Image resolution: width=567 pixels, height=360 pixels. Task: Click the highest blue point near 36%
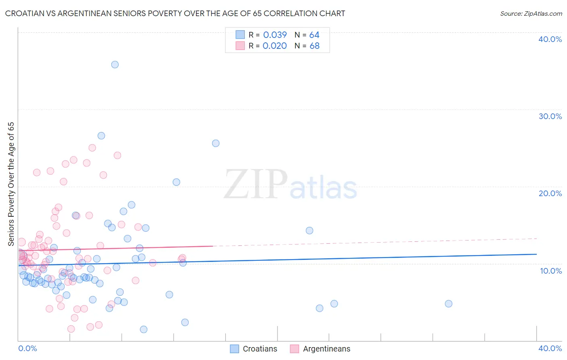click(115, 65)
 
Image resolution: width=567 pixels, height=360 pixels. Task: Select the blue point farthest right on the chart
click(448, 303)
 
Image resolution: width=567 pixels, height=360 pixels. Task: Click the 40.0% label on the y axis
click(550, 39)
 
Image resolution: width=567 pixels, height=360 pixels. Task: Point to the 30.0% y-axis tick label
click(550, 116)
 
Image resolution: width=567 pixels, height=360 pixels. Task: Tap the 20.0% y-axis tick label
click(550, 193)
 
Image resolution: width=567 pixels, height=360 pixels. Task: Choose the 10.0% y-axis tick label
click(551, 271)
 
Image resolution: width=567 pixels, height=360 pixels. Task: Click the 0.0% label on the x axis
click(28, 348)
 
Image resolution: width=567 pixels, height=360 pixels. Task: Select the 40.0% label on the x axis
click(550, 348)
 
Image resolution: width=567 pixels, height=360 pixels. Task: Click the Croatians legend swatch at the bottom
click(234, 349)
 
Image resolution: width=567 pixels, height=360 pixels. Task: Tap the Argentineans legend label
click(327, 349)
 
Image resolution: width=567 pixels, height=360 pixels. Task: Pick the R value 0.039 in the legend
click(275, 35)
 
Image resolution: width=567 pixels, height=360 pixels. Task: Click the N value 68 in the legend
click(315, 46)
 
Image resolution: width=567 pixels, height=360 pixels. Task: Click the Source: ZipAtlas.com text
click(531, 13)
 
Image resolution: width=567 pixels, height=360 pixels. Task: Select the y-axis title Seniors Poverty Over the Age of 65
click(11, 184)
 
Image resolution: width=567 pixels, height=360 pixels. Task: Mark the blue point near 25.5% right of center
click(216, 143)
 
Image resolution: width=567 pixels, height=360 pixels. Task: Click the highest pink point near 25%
click(92, 148)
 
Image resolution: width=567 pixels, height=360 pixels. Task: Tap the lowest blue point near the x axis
click(144, 329)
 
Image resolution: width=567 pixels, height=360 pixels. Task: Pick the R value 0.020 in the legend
click(275, 46)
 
